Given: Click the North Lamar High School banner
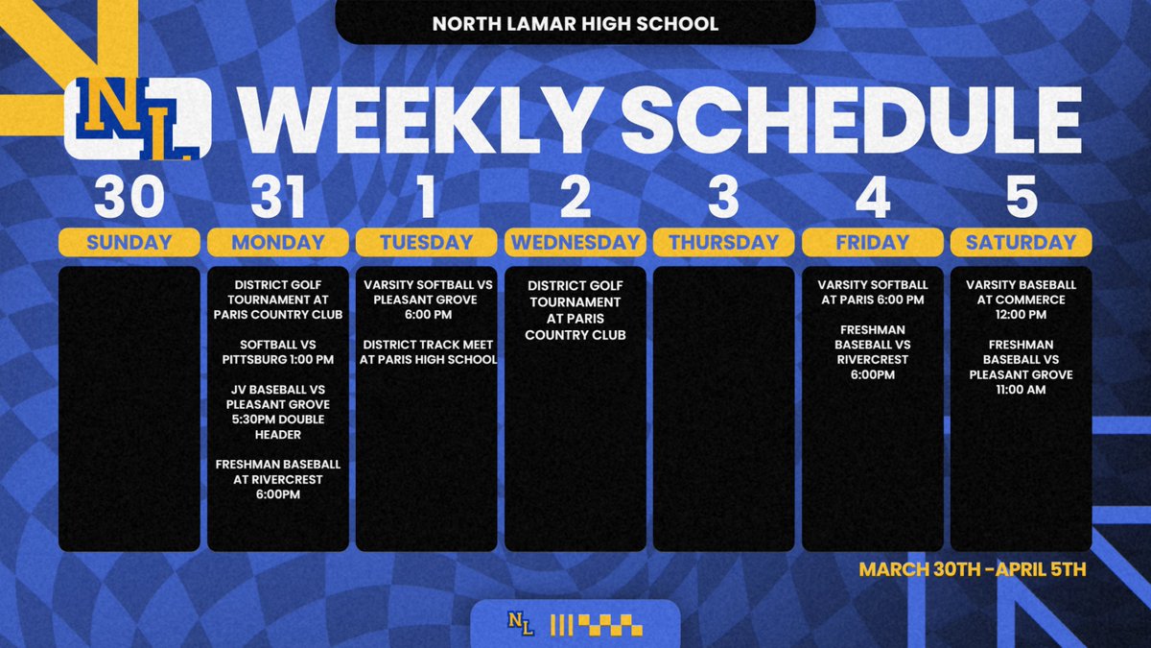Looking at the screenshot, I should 575,23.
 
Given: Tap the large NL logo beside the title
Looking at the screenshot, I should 137,118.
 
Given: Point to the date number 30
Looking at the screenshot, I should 129,198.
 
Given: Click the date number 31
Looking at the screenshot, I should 277,198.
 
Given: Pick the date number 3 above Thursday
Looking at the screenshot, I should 723,198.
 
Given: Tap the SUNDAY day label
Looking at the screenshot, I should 129,243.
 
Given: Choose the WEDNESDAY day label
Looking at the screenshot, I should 575,243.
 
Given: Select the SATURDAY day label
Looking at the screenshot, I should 1021,243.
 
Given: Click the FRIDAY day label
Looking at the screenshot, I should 872,243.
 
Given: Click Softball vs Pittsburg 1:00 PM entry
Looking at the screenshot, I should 277,352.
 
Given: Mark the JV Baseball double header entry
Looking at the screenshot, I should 277,412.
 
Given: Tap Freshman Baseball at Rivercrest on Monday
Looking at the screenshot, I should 277,479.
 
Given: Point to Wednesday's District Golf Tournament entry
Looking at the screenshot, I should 575,310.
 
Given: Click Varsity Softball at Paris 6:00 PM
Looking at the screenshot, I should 872,293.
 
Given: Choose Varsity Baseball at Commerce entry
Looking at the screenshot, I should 1021,300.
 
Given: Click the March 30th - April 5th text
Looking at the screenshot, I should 972,569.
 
